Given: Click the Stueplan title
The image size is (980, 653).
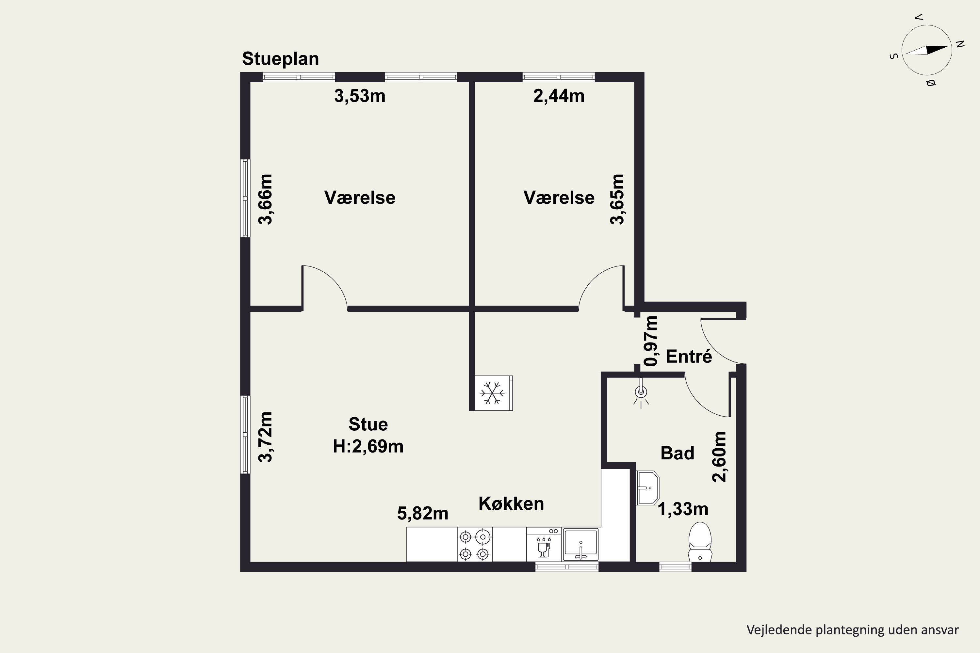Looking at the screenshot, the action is [280, 59].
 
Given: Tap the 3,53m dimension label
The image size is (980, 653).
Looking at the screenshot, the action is [360, 96].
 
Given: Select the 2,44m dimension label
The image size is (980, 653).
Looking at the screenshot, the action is [559, 96].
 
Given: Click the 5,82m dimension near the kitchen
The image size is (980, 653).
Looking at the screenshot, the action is [422, 514].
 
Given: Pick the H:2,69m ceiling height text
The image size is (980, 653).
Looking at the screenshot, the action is [368, 446].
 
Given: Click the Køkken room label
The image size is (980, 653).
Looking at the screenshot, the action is [511, 503].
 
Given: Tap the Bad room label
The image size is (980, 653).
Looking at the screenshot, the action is [678, 453].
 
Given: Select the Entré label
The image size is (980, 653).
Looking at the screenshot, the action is [689, 356].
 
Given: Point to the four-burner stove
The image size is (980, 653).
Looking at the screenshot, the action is [475, 544].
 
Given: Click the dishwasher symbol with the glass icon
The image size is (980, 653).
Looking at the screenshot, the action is [543, 544].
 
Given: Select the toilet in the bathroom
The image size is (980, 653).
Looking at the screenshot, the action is [700, 542].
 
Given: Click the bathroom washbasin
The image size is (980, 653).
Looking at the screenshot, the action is [647, 488].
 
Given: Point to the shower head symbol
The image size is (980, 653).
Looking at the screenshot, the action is [641, 392].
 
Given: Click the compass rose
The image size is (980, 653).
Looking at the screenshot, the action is [927, 50].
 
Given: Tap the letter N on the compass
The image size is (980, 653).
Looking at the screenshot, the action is [960, 44].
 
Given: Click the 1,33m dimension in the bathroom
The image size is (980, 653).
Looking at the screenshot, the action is [683, 509].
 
